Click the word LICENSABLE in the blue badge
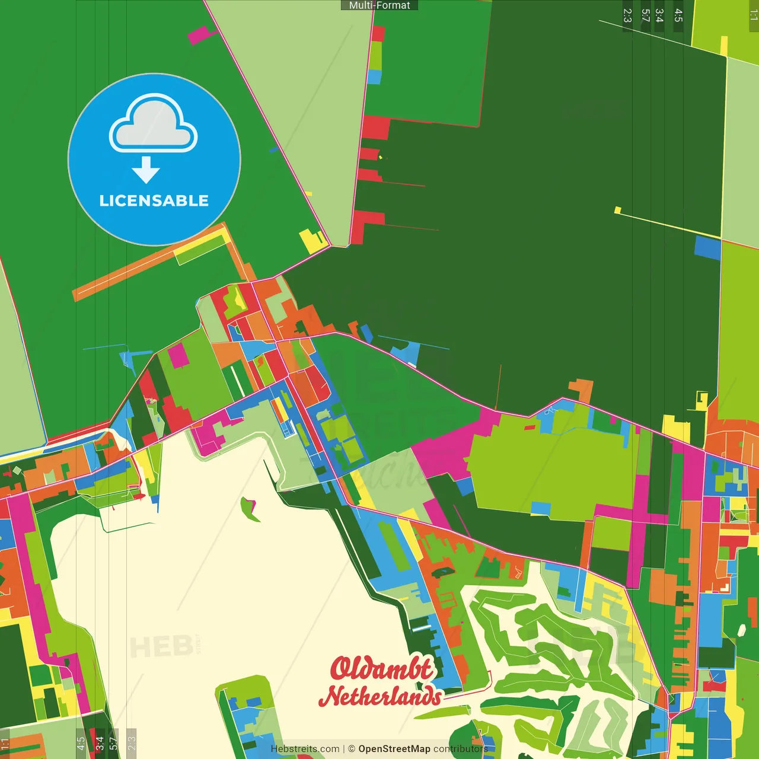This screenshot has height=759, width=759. [x=154, y=200]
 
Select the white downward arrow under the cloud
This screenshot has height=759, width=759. [x=146, y=170]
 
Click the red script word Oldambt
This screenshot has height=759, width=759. [x=381, y=668]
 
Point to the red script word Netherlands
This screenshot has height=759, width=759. [x=381, y=696]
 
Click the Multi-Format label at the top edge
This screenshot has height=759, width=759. [x=379, y=5]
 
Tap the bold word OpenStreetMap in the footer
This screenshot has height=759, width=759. [x=394, y=749]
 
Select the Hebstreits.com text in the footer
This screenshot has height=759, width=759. [x=305, y=749]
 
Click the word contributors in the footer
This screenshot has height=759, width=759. [x=461, y=749]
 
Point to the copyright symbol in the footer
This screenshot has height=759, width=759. [x=352, y=749]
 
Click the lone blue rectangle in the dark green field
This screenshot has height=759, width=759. [x=707, y=248]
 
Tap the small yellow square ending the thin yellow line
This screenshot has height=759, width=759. [x=618, y=210]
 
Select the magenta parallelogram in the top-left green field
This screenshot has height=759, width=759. [x=202, y=35]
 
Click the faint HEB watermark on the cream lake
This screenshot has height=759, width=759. [x=161, y=646]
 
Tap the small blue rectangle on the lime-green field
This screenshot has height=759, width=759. [x=541, y=508]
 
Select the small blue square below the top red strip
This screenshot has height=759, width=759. [x=374, y=77]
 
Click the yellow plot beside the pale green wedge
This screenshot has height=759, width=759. [x=312, y=241]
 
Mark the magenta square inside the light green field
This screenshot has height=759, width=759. [x=178, y=355]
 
